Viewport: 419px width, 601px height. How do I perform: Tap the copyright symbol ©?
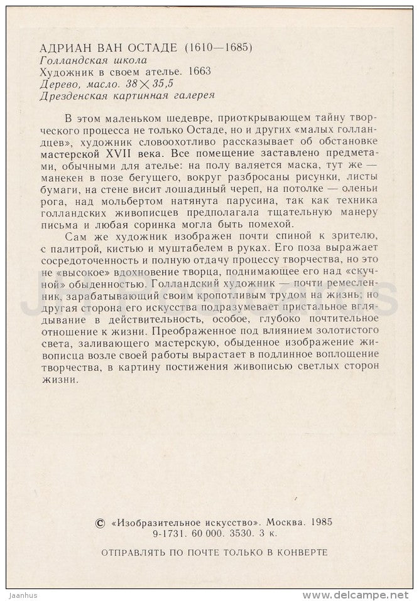pyautogui.click(x=98, y=522)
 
